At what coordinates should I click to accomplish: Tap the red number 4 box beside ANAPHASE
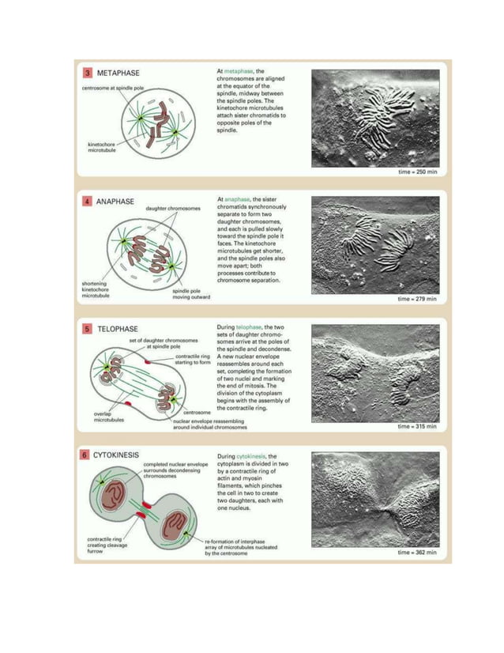click(x=88, y=202)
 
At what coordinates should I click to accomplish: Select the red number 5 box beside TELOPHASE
click(x=88, y=328)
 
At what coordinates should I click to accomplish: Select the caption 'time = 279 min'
click(x=416, y=300)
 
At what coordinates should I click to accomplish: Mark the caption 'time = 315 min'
click(x=416, y=426)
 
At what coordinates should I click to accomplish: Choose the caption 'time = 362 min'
click(x=416, y=553)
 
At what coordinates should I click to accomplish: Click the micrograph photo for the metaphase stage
click(x=375, y=119)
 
